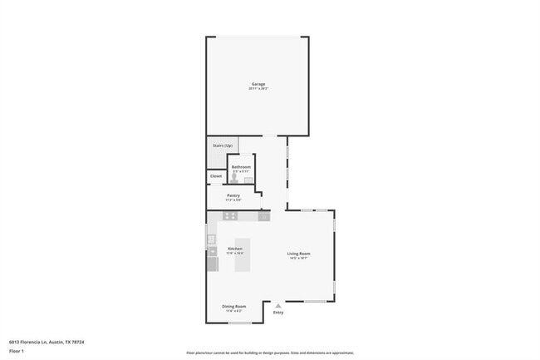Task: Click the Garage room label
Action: click(259, 84)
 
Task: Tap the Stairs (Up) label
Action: click(223, 146)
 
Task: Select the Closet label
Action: click(216, 176)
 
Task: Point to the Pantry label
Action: click(233, 195)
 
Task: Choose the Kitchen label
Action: click(235, 249)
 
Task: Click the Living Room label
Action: click(299, 254)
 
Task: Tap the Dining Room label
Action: click(234, 306)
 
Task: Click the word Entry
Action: click(278, 312)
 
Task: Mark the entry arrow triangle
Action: click(278, 304)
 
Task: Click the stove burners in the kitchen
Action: click(230, 216)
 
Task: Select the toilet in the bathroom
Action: click(234, 178)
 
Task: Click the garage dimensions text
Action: click(259, 88)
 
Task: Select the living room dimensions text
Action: click(299, 258)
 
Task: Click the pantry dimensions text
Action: click(233, 200)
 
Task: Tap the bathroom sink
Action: click(248, 179)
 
